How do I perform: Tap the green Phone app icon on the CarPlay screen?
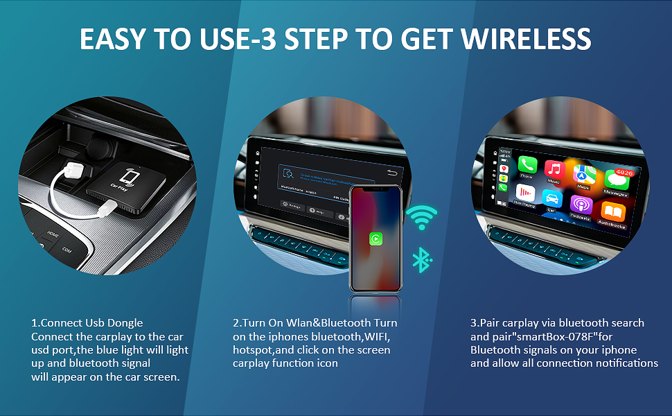click(527, 167)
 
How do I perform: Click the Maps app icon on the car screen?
click(584, 174)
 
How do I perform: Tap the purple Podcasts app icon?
click(581, 205)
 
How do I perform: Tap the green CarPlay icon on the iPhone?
click(375, 239)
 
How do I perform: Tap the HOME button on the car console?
click(53, 234)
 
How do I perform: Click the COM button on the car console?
click(67, 249)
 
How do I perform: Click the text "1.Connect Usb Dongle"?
click(87, 323)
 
